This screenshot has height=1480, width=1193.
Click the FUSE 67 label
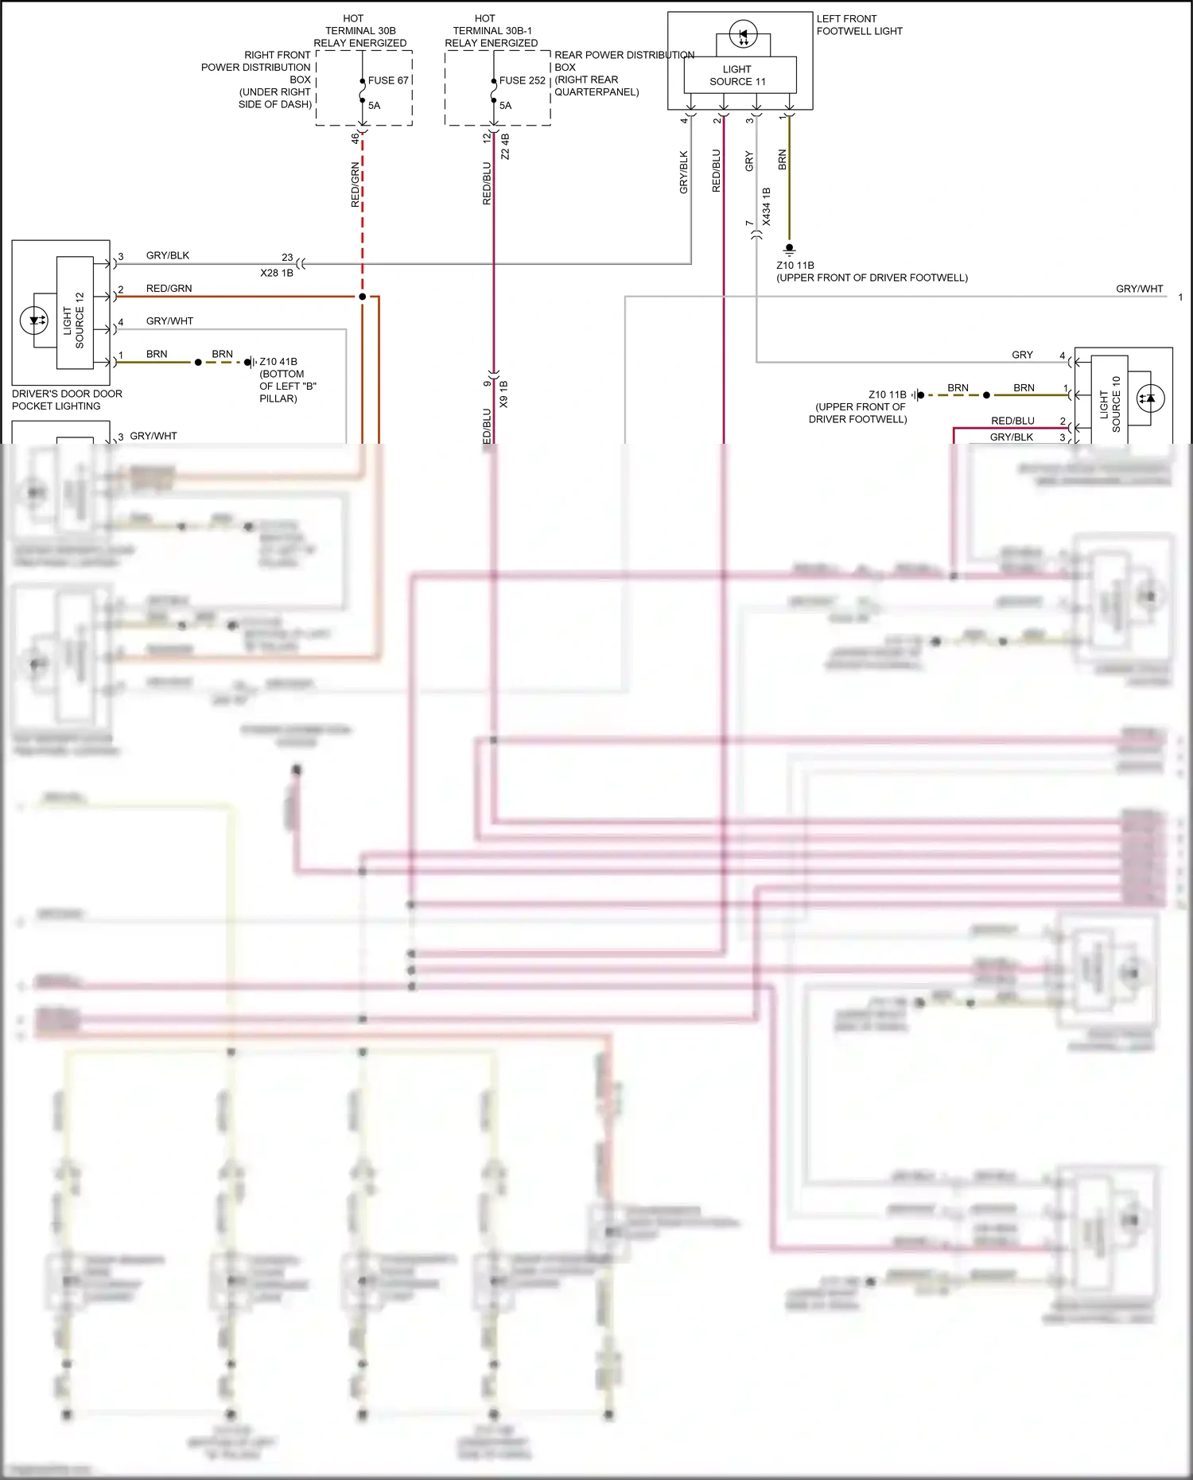point(388,80)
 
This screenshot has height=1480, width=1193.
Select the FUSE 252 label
point(522,80)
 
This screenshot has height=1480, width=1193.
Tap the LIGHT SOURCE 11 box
point(740,76)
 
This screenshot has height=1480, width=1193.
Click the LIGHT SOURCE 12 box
point(75,313)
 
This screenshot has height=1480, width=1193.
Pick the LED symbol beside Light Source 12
point(34,320)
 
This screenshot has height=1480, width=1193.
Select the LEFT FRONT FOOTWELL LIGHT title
point(859,25)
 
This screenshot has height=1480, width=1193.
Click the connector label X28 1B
point(277,273)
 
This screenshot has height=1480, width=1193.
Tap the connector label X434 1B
point(767,207)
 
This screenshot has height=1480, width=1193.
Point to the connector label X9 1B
point(503,394)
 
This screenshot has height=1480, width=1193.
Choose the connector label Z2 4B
point(505,147)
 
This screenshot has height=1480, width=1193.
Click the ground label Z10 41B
point(278,362)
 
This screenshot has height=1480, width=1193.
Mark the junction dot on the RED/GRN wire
point(363,297)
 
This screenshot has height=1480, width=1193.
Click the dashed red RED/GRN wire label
point(355,185)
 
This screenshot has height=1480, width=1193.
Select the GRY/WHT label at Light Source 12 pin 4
point(169,321)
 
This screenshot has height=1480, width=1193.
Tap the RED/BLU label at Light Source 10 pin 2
point(1012,421)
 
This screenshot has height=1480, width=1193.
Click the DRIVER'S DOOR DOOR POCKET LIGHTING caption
point(67,400)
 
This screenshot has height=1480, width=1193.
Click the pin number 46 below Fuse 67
point(355,138)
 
